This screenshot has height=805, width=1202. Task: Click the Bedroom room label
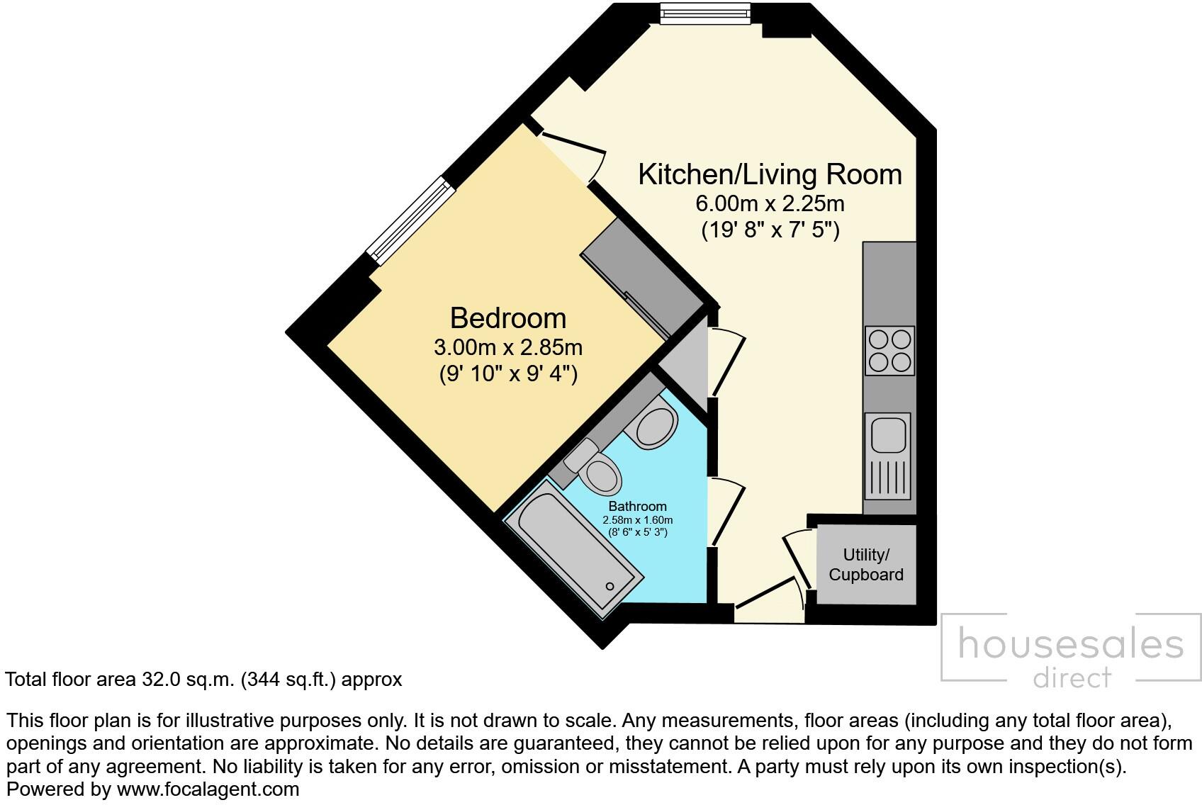[508, 318]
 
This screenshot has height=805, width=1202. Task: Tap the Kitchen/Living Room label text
[770, 174]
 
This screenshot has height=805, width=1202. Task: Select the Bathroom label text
[637, 506]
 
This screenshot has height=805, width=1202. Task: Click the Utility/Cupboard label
[866, 565]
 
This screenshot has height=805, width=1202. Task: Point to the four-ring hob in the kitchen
[889, 351]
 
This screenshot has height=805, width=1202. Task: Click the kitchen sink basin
[886, 434]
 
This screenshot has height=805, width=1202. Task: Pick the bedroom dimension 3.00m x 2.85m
[507, 347]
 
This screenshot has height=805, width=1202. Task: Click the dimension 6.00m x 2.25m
[770, 204]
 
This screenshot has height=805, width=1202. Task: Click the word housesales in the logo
[1070, 644]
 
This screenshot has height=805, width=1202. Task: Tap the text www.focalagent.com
[208, 789]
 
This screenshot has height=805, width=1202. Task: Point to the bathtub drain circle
[610, 586]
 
